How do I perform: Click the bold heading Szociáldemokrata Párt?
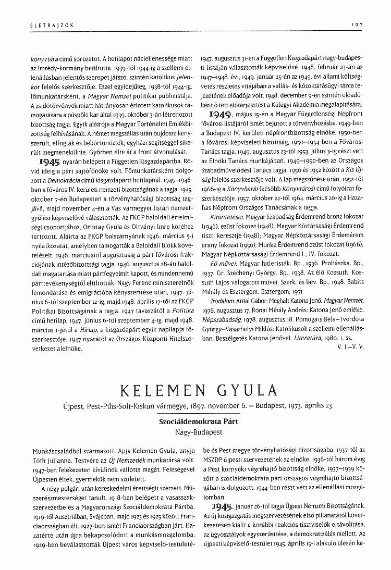tap(195, 422)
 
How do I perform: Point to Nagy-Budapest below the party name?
tap(195, 431)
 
